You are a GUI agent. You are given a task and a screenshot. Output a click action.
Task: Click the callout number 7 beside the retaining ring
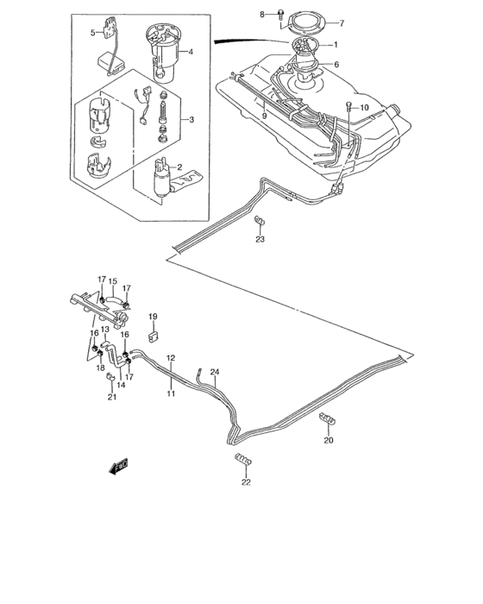(x=341, y=22)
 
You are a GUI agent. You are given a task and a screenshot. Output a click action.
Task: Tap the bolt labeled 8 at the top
(x=281, y=14)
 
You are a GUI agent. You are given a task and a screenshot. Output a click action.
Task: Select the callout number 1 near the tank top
(x=336, y=45)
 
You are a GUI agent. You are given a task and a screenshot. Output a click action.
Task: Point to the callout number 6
(x=336, y=65)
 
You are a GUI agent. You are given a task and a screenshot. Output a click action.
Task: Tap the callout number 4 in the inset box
(x=191, y=52)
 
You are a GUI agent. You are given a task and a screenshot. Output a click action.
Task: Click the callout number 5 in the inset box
(x=93, y=33)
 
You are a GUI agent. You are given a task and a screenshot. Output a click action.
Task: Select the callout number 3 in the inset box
(x=191, y=119)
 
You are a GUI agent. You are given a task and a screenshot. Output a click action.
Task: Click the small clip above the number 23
(x=259, y=225)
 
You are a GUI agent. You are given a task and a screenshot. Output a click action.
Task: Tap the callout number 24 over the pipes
(x=215, y=372)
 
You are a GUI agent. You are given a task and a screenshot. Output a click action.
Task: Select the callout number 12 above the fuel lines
(x=171, y=358)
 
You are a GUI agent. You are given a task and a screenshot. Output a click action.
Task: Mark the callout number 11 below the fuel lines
(x=171, y=393)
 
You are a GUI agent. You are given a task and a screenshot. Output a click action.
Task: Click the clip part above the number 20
(x=329, y=420)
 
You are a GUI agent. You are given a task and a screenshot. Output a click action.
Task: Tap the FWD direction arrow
(x=118, y=468)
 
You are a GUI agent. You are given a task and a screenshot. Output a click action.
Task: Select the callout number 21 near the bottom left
(x=111, y=398)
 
